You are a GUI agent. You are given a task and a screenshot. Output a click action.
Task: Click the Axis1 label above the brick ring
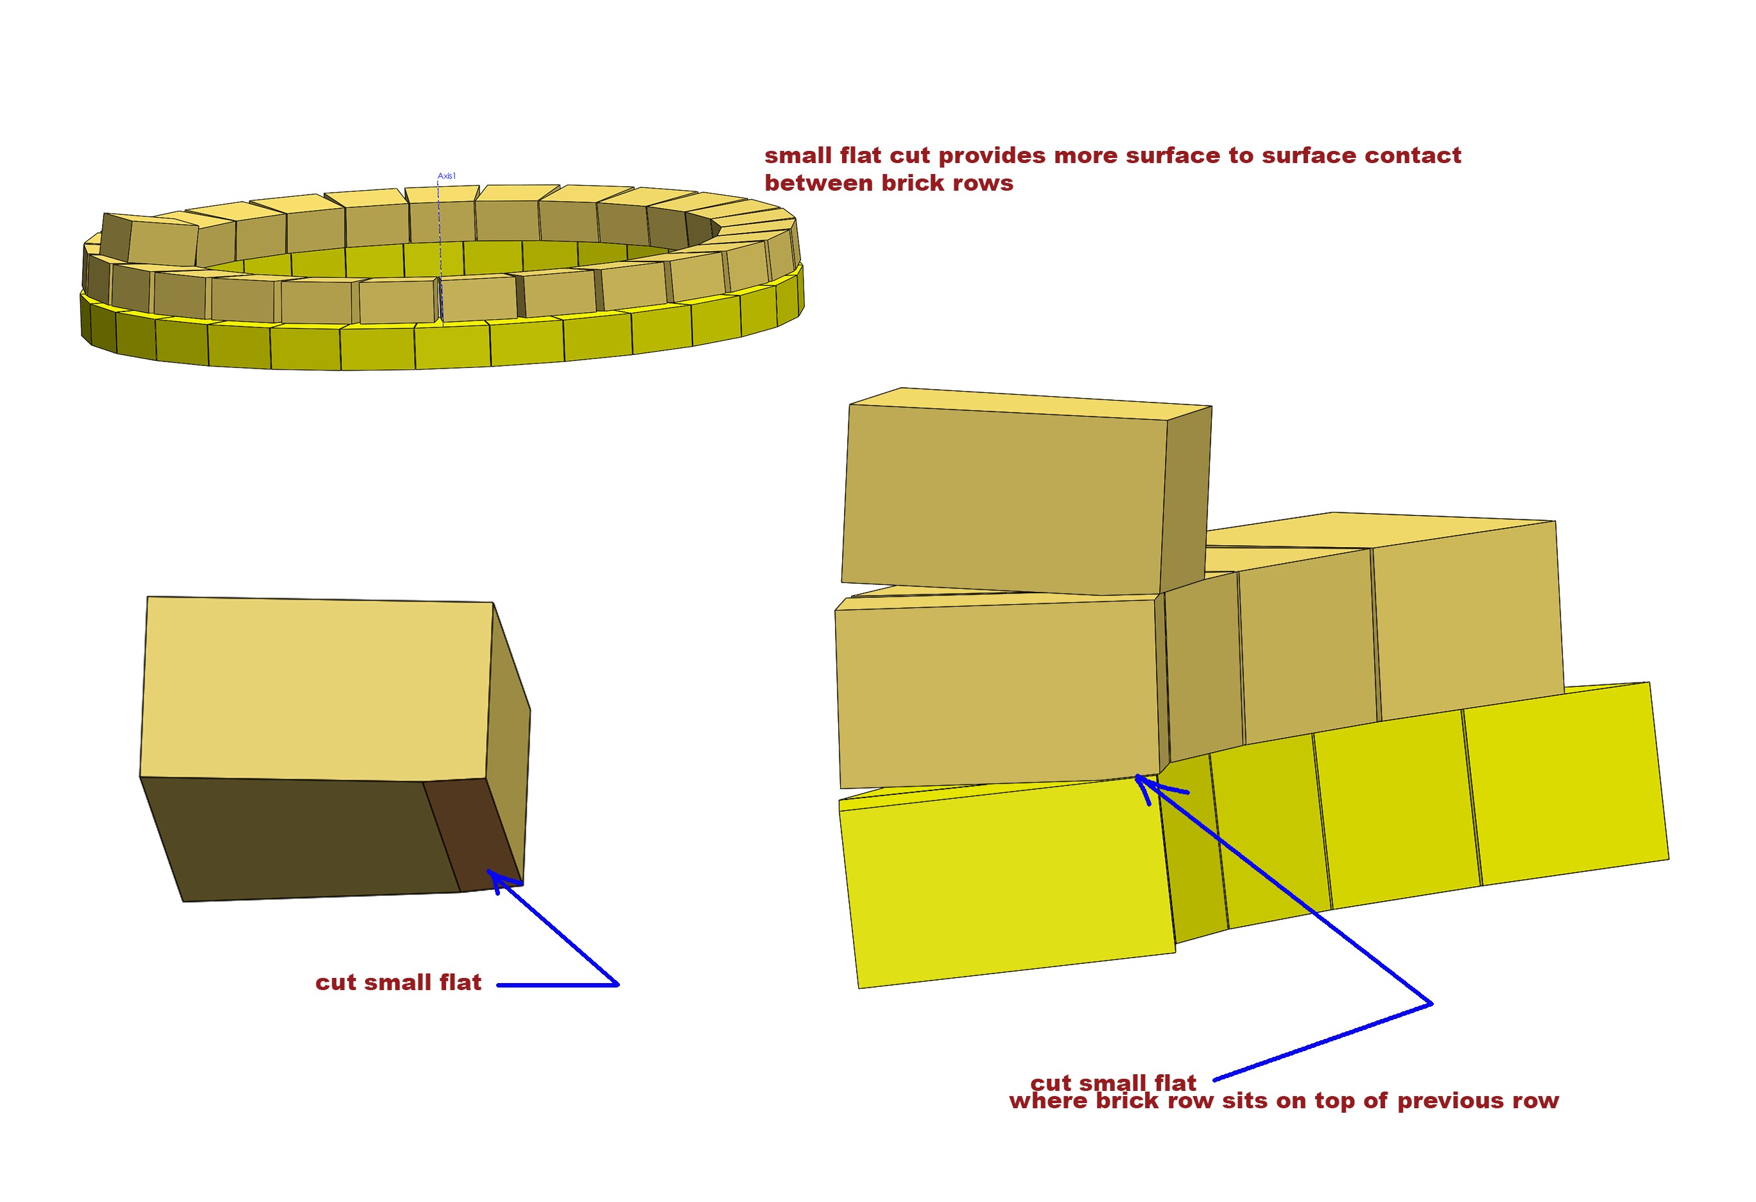point(447,176)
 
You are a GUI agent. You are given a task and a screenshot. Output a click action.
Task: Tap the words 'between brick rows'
point(888,183)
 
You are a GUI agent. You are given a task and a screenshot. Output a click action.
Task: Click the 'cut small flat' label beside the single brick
point(398,983)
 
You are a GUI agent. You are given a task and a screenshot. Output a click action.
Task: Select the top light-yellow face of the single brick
point(316,689)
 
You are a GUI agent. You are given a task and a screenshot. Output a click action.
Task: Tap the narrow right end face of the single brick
point(508,749)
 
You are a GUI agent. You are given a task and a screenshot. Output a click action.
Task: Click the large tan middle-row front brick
point(999,693)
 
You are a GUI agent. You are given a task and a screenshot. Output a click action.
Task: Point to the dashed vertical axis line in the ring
point(440,250)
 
